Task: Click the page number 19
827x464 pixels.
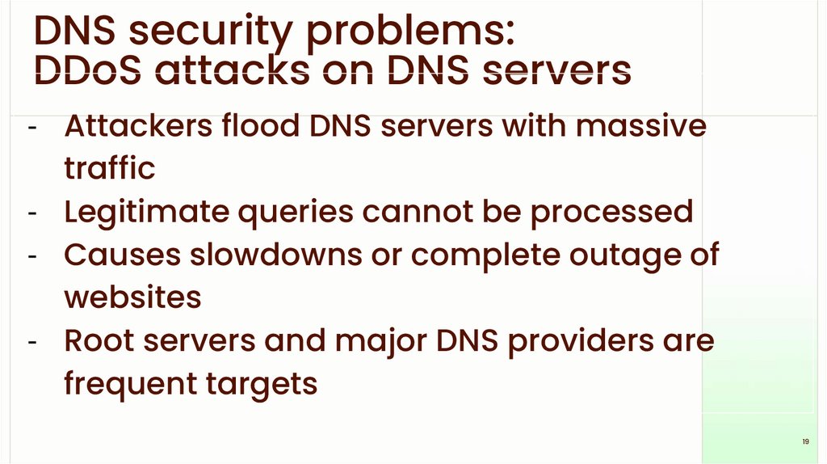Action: (x=805, y=441)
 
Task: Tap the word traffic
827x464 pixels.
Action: (x=109, y=169)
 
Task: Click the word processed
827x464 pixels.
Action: (x=611, y=212)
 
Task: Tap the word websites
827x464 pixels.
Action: (x=132, y=297)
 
